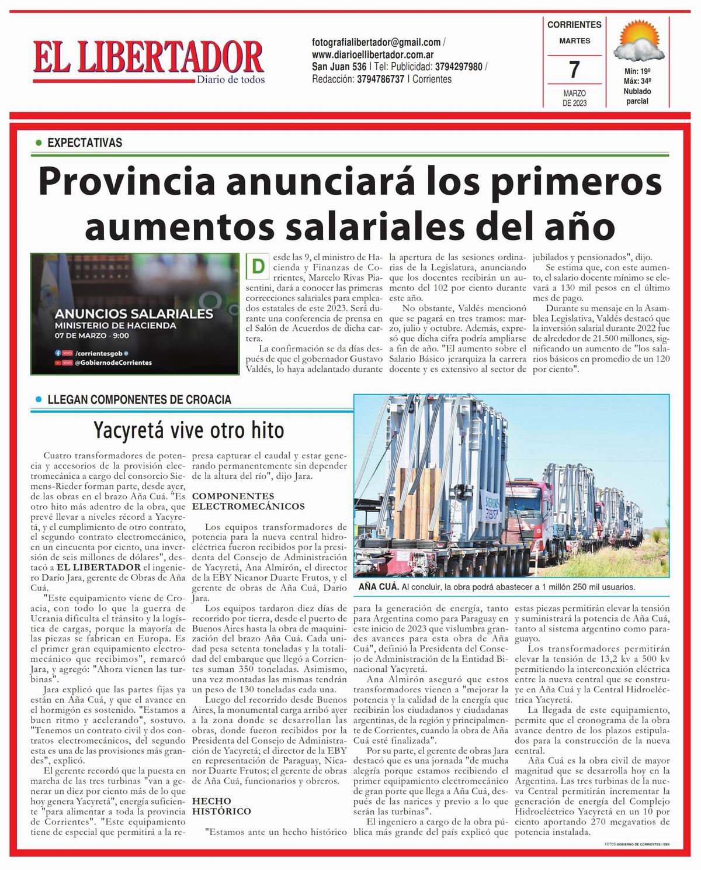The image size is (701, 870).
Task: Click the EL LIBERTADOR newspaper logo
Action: point(148,57)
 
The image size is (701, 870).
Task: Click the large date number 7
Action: point(574,70)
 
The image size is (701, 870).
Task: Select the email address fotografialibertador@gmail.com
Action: point(376,42)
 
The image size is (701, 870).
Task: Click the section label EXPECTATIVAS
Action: point(85,143)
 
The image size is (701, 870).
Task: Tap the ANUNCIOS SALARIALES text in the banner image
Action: point(134,313)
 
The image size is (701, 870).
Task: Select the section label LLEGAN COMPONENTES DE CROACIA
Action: point(139,400)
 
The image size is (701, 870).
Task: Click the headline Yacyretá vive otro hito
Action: point(189,430)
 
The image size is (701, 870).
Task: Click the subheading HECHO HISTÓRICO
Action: point(222,806)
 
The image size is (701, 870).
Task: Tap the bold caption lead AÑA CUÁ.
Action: point(379,586)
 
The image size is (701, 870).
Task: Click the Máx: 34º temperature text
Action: point(637,81)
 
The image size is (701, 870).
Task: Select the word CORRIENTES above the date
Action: point(574,25)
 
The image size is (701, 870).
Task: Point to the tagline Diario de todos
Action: point(230,80)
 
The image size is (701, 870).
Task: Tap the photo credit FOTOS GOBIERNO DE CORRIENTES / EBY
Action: point(637,844)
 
